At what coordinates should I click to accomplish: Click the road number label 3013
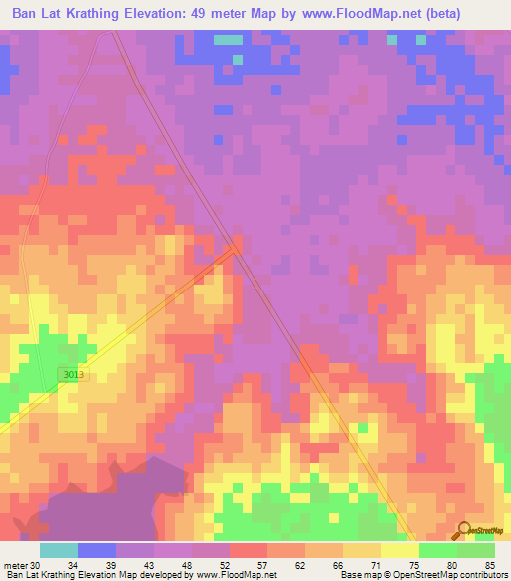click(x=69, y=373)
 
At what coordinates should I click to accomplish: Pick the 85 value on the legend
click(x=490, y=565)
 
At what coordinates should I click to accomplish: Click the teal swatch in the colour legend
click(x=58, y=550)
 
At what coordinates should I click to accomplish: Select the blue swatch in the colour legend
click(x=96, y=550)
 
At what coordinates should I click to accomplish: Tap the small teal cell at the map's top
click(x=229, y=40)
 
